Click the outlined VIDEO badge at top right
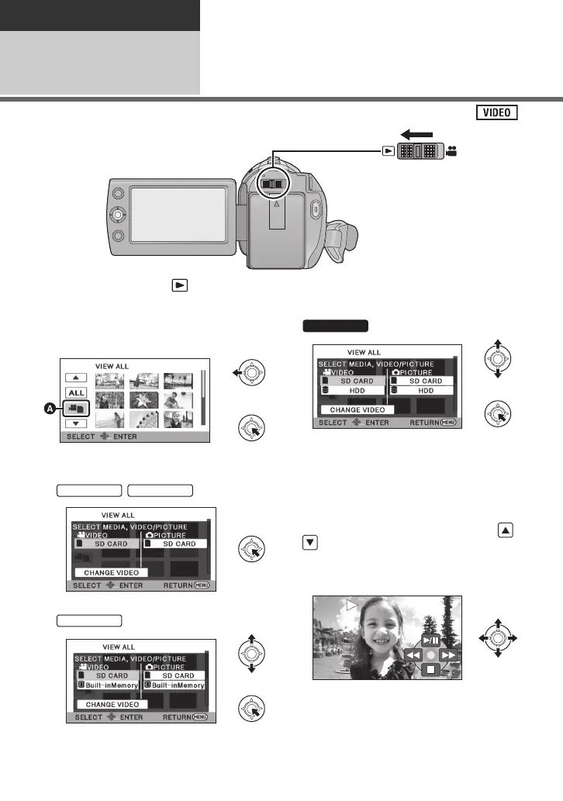[x=498, y=112]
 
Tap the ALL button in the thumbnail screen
[x=76, y=393]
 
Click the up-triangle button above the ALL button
[x=76, y=378]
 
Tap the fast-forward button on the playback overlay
[x=450, y=655]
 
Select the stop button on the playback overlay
[x=430, y=669]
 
